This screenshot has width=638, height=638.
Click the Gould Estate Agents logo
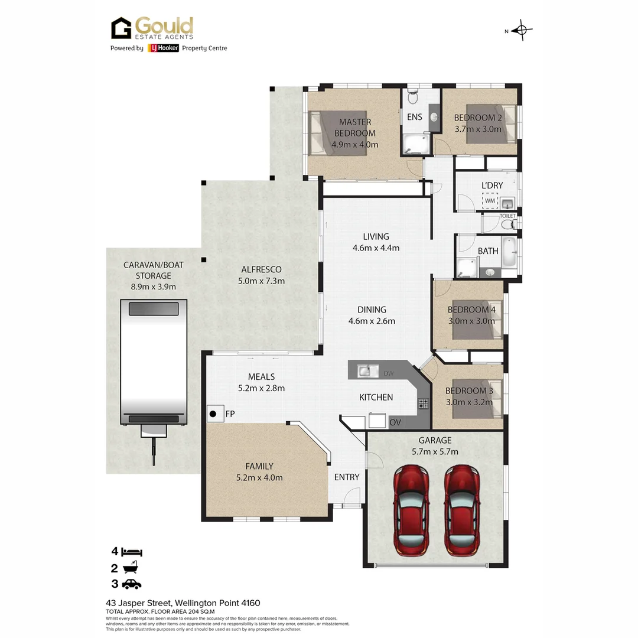(x=152, y=28)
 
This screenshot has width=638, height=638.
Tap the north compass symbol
(x=522, y=30)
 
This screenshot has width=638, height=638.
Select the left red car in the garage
(x=411, y=509)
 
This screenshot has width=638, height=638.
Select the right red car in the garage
(x=462, y=509)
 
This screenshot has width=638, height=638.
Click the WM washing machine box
(x=490, y=201)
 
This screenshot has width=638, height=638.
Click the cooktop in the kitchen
(x=424, y=404)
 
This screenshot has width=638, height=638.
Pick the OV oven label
(x=395, y=423)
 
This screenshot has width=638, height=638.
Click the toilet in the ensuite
(x=413, y=96)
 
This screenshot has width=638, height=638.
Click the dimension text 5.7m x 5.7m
(x=435, y=452)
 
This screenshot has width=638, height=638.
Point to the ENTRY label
(x=347, y=477)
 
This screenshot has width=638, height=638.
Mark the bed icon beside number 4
(x=132, y=552)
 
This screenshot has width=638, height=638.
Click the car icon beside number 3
(x=132, y=584)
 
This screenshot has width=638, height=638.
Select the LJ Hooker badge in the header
(x=163, y=48)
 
